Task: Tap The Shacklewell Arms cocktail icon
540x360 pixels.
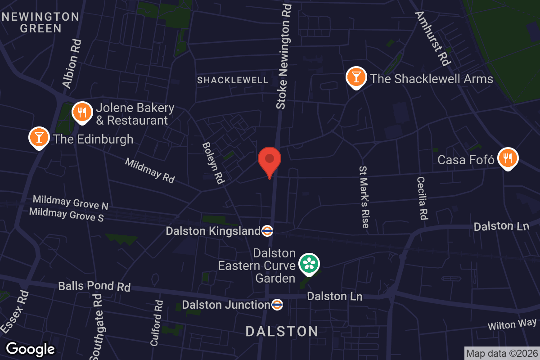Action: click(x=356, y=78)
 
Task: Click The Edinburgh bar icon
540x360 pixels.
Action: click(x=39, y=137)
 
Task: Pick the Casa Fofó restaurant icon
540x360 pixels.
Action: click(x=508, y=159)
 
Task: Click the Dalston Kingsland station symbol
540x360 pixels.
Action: click(x=267, y=231)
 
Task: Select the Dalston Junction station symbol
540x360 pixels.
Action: click(x=277, y=305)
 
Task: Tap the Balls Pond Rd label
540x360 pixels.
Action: click(x=94, y=287)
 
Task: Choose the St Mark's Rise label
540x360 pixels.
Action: click(x=364, y=197)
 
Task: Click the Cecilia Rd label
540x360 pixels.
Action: click(x=422, y=198)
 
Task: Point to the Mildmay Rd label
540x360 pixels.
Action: click(x=149, y=170)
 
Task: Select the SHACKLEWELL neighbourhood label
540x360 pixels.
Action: click(x=233, y=80)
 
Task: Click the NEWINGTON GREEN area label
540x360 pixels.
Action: click(x=40, y=22)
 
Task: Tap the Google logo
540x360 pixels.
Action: click(x=30, y=349)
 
